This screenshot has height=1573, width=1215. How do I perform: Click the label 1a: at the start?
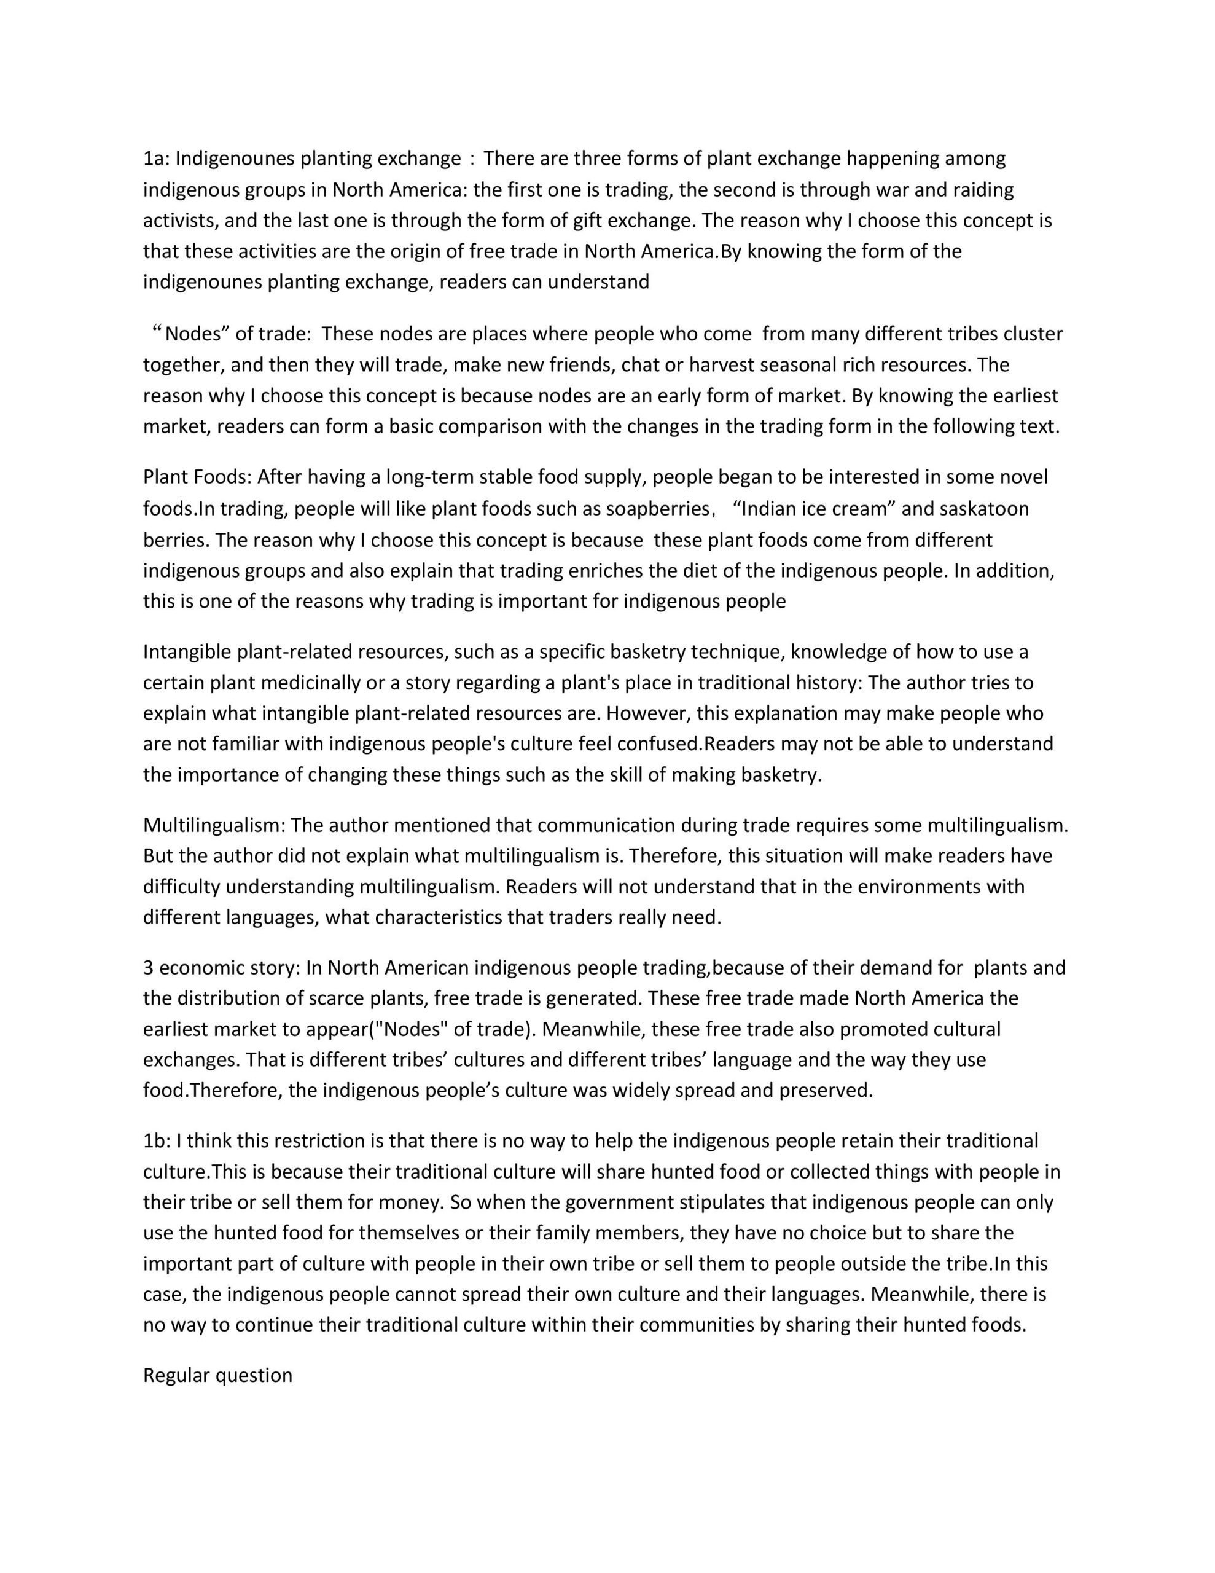(x=155, y=159)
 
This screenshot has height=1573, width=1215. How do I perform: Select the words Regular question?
(x=217, y=1375)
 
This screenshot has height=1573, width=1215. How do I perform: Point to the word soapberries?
(x=657, y=509)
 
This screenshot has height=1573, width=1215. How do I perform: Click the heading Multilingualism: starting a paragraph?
(x=214, y=825)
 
